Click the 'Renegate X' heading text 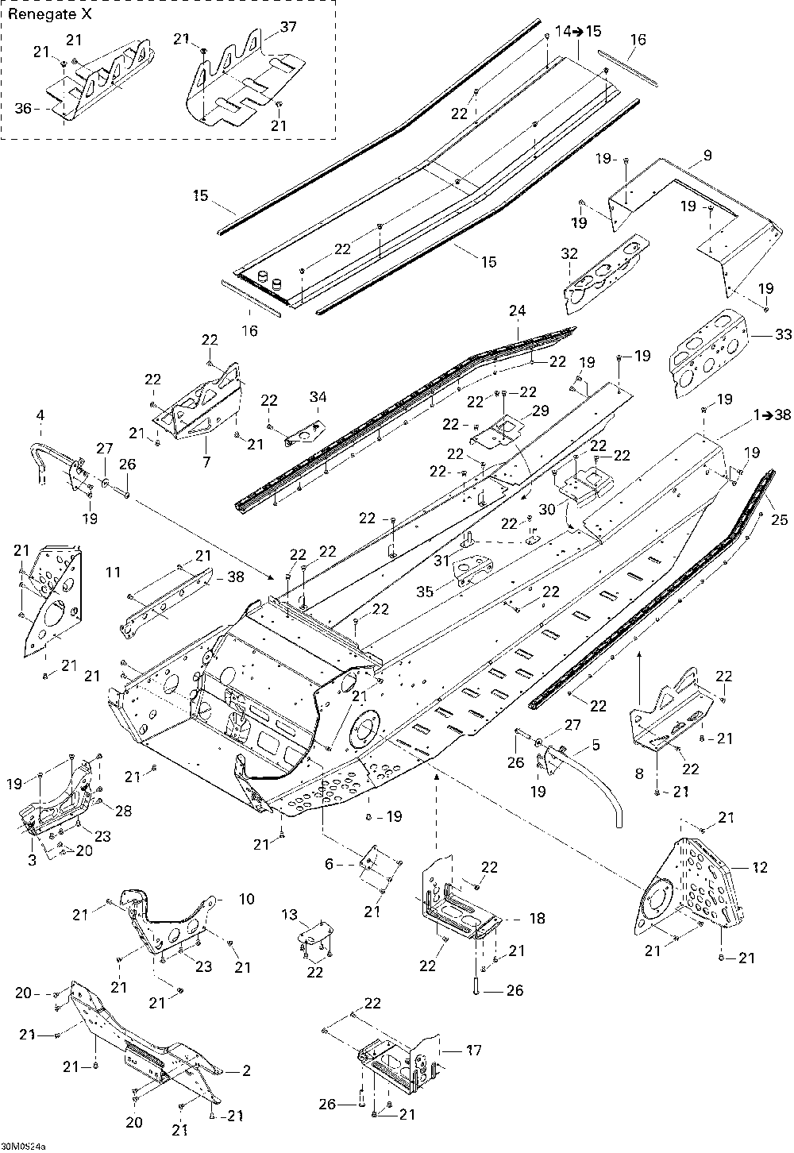[x=50, y=14]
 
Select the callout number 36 [x=23, y=109]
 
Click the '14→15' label [x=578, y=32]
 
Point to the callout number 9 [x=707, y=155]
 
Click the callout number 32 [x=569, y=253]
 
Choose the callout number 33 [x=783, y=334]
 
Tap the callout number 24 [x=518, y=310]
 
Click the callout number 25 [x=780, y=519]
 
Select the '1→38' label [x=769, y=415]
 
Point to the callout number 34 [x=318, y=397]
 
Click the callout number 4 [x=40, y=415]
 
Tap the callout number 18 [x=537, y=918]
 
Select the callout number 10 [x=247, y=899]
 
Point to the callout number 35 [x=425, y=592]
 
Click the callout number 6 [x=330, y=864]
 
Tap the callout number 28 [x=124, y=811]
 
